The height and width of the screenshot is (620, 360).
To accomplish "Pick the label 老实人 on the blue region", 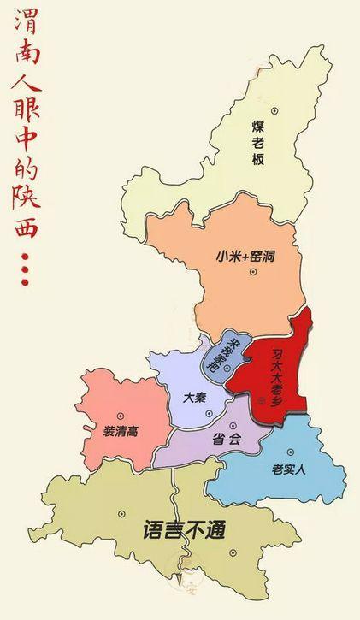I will (288, 469).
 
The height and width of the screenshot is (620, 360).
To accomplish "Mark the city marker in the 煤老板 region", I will (274, 110).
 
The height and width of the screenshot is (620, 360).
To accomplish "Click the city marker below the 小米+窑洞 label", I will (252, 272).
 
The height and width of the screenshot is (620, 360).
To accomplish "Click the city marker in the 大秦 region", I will (209, 414).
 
